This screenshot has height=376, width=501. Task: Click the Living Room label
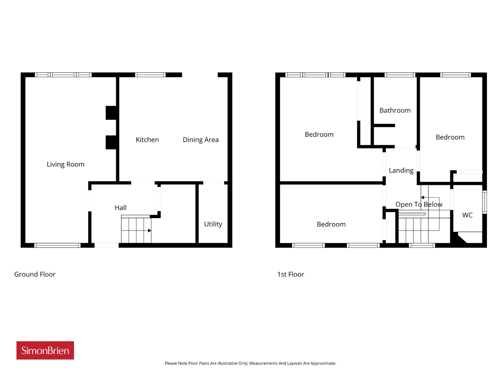point(65,164)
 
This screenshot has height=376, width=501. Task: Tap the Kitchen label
point(147,140)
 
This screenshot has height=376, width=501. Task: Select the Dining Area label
point(201,140)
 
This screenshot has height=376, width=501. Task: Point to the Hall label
point(120,207)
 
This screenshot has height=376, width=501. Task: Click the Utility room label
point(213,224)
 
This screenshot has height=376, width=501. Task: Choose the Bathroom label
point(395,111)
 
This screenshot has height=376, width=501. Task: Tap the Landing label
point(401,170)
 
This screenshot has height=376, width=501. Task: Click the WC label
point(467,215)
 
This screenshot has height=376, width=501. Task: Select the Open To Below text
point(419,204)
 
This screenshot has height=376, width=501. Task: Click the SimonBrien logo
point(45,350)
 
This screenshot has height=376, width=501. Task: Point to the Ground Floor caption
point(35,274)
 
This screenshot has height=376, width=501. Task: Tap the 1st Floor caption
point(290,274)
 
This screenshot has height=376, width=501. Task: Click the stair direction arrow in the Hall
point(136,231)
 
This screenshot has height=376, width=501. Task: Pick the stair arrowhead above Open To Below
point(422,197)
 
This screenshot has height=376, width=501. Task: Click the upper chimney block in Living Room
point(111,113)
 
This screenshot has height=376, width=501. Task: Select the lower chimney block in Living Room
point(111,143)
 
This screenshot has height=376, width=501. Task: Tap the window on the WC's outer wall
point(484,202)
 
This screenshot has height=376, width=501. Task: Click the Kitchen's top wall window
point(150,75)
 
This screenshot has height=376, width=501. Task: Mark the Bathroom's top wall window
point(400,75)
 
